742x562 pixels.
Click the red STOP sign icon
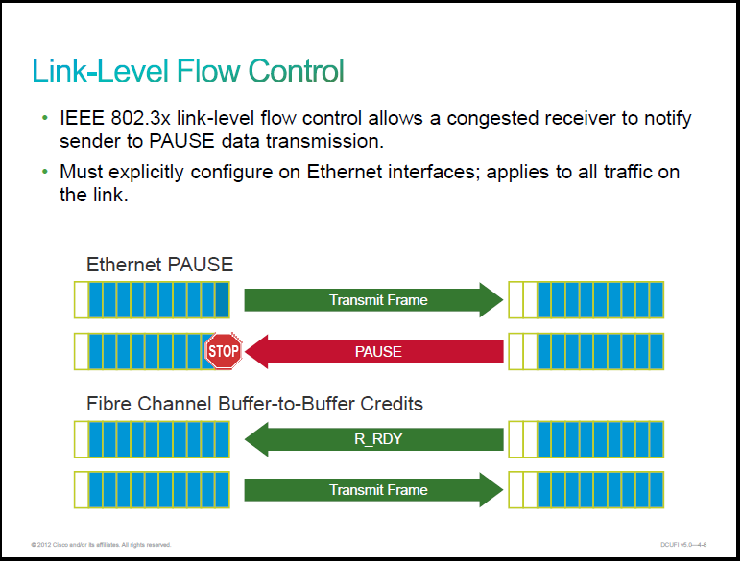point(224,351)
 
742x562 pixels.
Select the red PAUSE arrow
point(373,352)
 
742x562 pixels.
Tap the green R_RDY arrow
point(373,439)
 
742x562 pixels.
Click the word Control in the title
point(296,71)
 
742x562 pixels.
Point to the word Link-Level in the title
point(101,71)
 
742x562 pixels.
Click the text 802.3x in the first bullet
point(140,118)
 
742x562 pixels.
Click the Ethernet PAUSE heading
point(160,265)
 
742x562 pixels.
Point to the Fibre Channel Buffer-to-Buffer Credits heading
point(254,404)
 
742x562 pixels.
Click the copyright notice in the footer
point(101,545)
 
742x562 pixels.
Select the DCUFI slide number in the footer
point(683,545)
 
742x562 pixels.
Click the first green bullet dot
point(45,118)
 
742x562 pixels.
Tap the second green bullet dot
point(45,172)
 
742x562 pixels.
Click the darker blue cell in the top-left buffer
point(222,300)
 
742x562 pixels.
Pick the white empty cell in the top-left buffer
point(82,300)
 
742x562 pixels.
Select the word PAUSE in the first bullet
point(181,141)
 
